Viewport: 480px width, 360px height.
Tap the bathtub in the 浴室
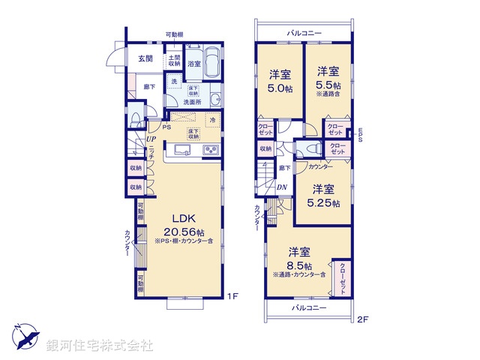(x=212, y=61)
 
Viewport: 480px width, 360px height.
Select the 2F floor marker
(x=363, y=320)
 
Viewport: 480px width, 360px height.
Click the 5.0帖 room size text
(x=280, y=87)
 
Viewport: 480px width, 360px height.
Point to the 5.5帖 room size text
(x=327, y=85)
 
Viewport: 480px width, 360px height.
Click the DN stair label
(x=282, y=187)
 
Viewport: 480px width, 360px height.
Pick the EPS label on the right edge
(x=360, y=135)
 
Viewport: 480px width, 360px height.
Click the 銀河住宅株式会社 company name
(x=100, y=346)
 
